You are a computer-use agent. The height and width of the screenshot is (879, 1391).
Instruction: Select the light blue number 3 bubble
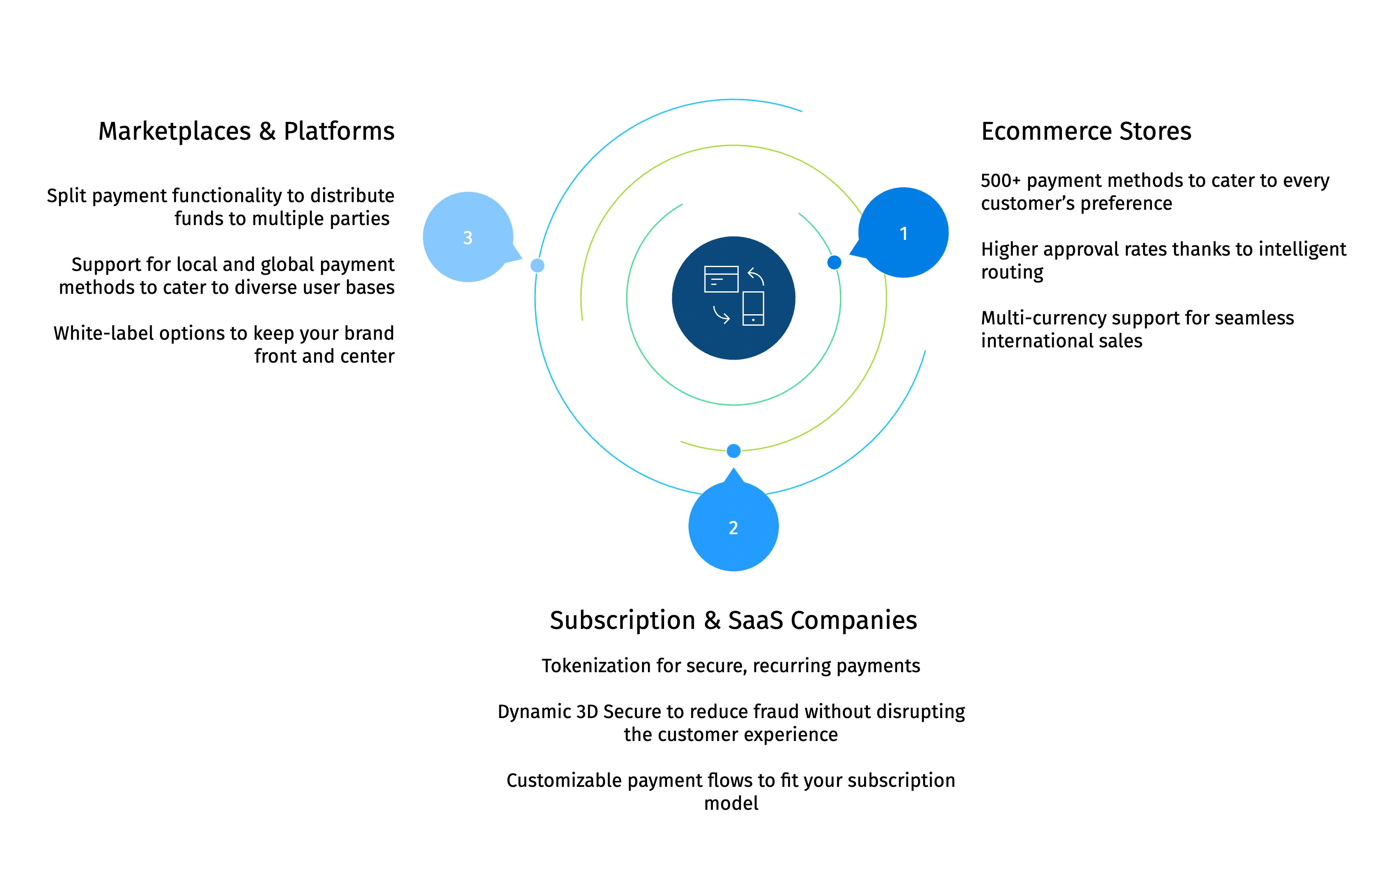[x=468, y=237]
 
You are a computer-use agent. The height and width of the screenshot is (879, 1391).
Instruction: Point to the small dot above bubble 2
[x=734, y=451]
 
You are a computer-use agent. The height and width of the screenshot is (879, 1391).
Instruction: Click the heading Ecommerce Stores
[x=1086, y=131]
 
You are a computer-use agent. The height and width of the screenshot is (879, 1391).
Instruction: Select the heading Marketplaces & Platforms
[x=246, y=131]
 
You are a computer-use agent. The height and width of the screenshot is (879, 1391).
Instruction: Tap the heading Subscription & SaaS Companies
[x=733, y=620]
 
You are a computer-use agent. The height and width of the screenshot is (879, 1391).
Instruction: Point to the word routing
[x=1012, y=272]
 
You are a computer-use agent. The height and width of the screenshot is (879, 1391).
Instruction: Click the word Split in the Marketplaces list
[x=66, y=196]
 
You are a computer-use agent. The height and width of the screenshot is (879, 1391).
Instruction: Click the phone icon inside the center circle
[x=753, y=308]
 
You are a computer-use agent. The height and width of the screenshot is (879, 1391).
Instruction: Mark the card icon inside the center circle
[x=721, y=279]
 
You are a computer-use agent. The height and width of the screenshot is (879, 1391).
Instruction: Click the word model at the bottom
[x=731, y=803]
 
